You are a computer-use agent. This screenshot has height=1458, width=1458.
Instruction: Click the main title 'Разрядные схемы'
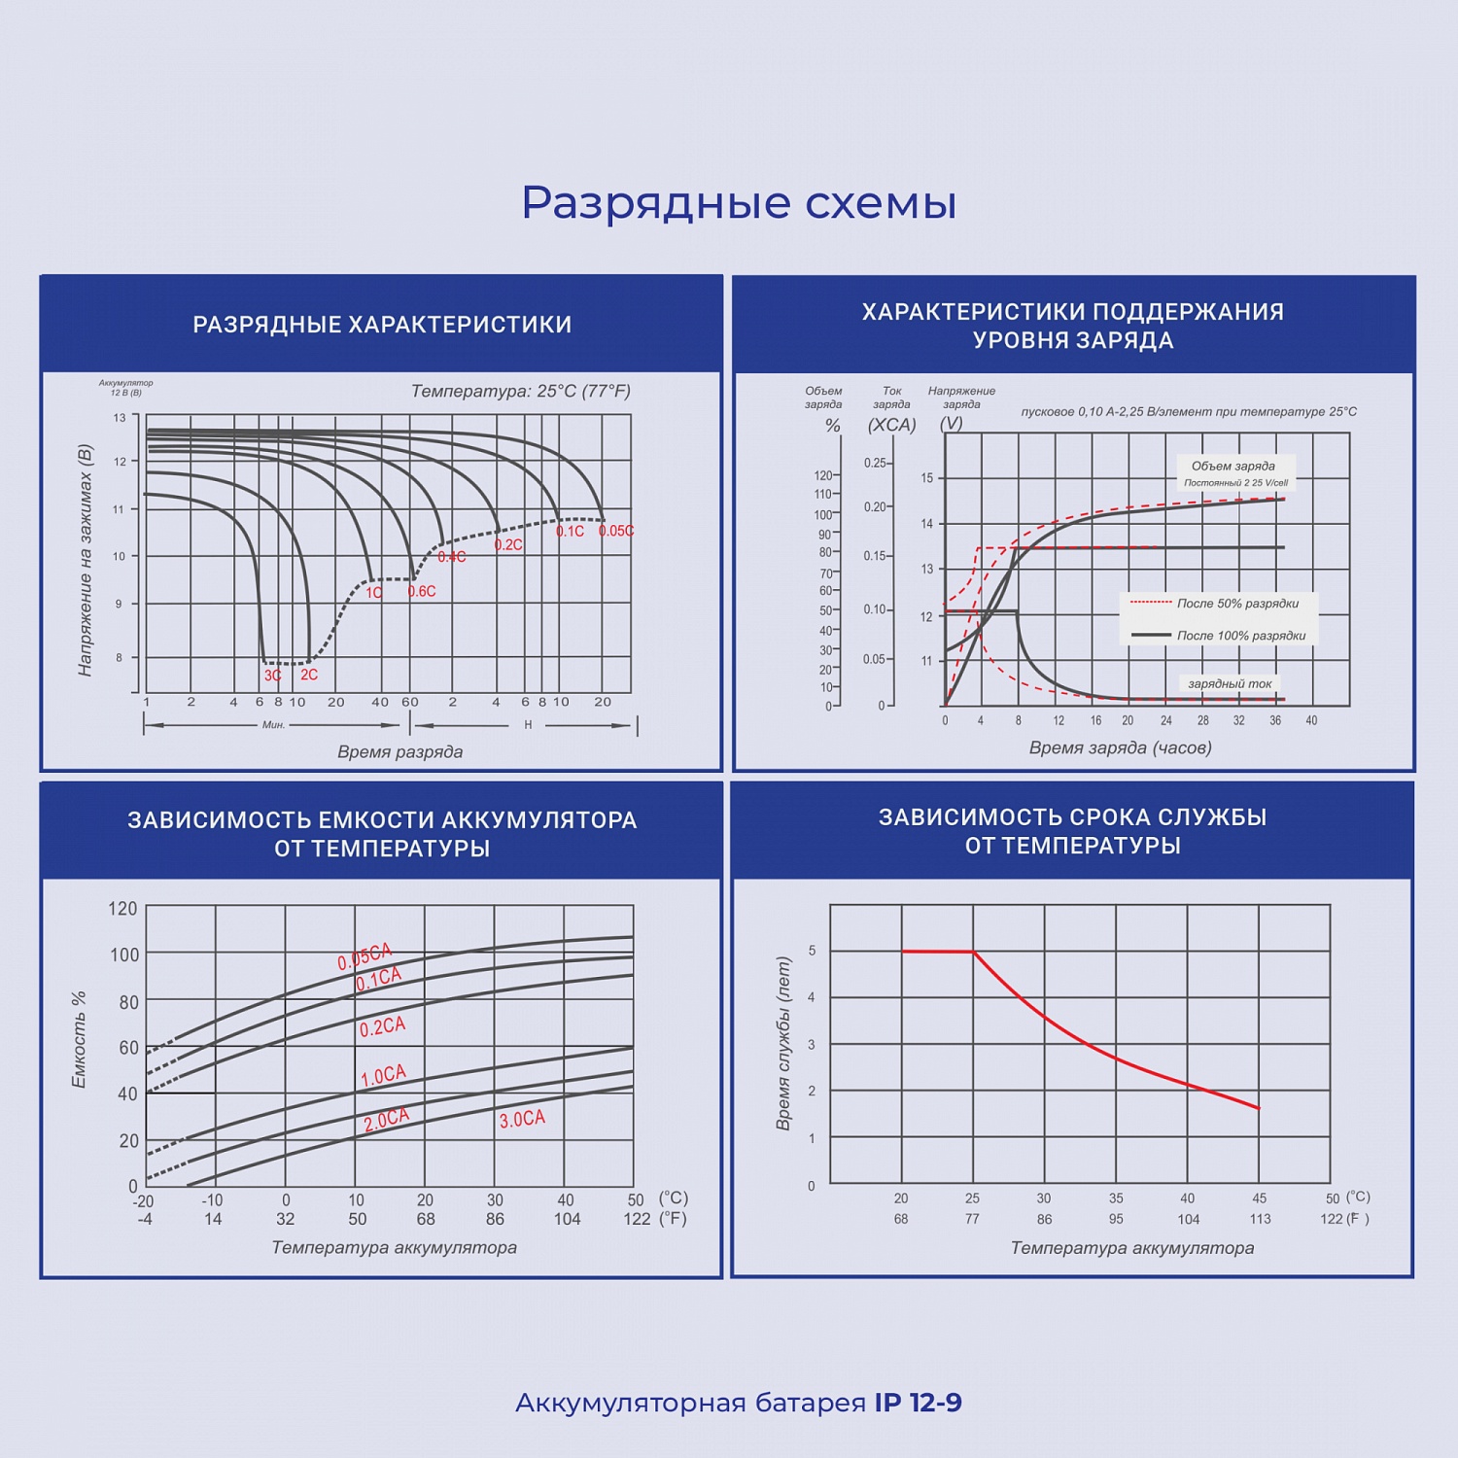pos(739,203)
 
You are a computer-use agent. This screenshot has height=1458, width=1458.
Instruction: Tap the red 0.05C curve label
pos(616,531)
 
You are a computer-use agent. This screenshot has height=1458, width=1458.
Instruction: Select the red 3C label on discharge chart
pos(272,675)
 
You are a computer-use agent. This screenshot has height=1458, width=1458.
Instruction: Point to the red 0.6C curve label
pos(422,591)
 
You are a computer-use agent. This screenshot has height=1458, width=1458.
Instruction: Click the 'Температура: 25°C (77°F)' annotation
pos(520,391)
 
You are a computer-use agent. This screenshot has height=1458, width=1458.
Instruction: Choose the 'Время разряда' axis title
pos(399,751)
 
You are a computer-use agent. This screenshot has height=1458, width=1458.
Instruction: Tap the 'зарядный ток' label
pos(1230,683)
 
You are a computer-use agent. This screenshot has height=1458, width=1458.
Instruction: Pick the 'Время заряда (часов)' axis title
pos(1120,747)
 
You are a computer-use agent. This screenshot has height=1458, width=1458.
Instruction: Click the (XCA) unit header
pos(891,425)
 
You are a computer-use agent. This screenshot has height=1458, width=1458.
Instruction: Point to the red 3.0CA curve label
pos(522,1119)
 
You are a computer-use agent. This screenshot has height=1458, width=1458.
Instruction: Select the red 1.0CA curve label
pos(383,1075)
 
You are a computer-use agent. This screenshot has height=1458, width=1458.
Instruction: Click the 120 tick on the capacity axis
pos(122,909)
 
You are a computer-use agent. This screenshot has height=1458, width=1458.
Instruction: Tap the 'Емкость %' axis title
pos(80,1039)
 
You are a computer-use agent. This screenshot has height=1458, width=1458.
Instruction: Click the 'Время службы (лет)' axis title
pos(783,1043)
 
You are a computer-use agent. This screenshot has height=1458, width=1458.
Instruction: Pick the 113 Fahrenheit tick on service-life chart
pos(1260,1219)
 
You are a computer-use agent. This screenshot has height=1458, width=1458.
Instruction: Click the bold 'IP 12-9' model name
pos(919,1403)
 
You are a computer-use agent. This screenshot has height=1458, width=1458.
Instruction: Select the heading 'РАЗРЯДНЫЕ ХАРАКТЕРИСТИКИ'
pos(382,325)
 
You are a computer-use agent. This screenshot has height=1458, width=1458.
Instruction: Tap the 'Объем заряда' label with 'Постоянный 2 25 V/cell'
pos(1234,472)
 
